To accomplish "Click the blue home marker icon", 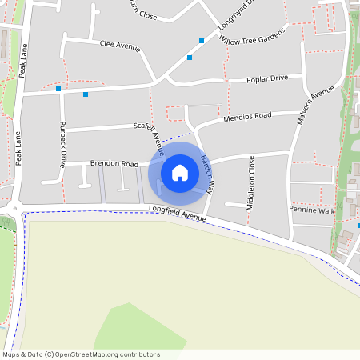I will point(180,172).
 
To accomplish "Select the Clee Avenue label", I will point(120,47).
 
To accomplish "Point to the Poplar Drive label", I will point(267,78).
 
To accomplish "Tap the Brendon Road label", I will point(114,163).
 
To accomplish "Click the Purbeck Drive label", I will point(62,144).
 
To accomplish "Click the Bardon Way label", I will point(207,174).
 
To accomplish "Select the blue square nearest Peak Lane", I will point(58,89).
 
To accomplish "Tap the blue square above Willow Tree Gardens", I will point(202,40).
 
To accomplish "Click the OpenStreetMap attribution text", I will point(80,354).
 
